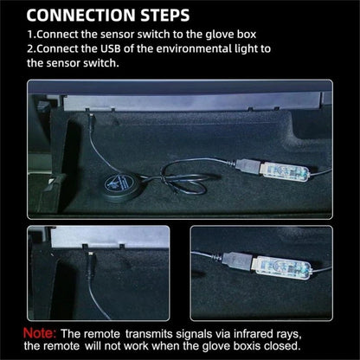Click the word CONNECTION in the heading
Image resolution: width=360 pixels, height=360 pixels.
point(80,16)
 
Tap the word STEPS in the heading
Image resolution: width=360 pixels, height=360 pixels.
point(165,16)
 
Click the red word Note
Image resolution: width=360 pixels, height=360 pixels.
point(40,333)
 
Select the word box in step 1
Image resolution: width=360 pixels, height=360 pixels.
point(247,35)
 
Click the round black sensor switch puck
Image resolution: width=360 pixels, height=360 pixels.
point(119,185)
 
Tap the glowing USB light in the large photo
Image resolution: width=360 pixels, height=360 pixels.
point(285,172)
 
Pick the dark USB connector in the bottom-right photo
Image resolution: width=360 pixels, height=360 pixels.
point(237,260)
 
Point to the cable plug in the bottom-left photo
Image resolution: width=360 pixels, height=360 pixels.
point(90,259)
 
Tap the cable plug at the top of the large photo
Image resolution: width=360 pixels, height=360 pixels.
point(91,120)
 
